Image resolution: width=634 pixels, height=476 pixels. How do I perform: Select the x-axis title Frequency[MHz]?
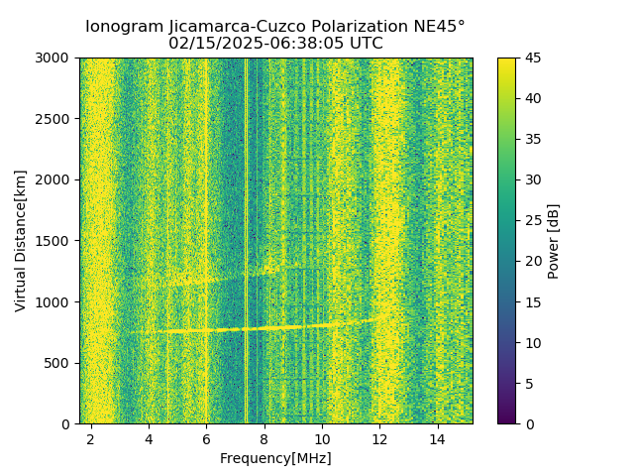[275, 458]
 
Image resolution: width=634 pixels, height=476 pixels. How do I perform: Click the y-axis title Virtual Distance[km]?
[21, 240]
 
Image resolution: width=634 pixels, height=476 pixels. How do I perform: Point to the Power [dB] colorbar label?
[554, 240]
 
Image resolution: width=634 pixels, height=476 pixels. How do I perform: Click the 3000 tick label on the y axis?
[55, 58]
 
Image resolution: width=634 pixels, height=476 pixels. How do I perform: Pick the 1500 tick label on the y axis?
[55, 241]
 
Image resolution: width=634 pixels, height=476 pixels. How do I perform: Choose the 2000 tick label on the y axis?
[55, 179]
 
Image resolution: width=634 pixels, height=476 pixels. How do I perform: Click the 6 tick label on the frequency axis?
[206, 438]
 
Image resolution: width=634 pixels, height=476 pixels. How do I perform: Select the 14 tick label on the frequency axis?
[437, 438]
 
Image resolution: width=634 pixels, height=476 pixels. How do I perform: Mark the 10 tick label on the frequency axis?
[322, 438]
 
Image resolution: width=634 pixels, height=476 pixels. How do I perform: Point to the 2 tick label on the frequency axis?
[91, 438]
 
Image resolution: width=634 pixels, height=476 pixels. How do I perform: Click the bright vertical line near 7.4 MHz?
[246, 238]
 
